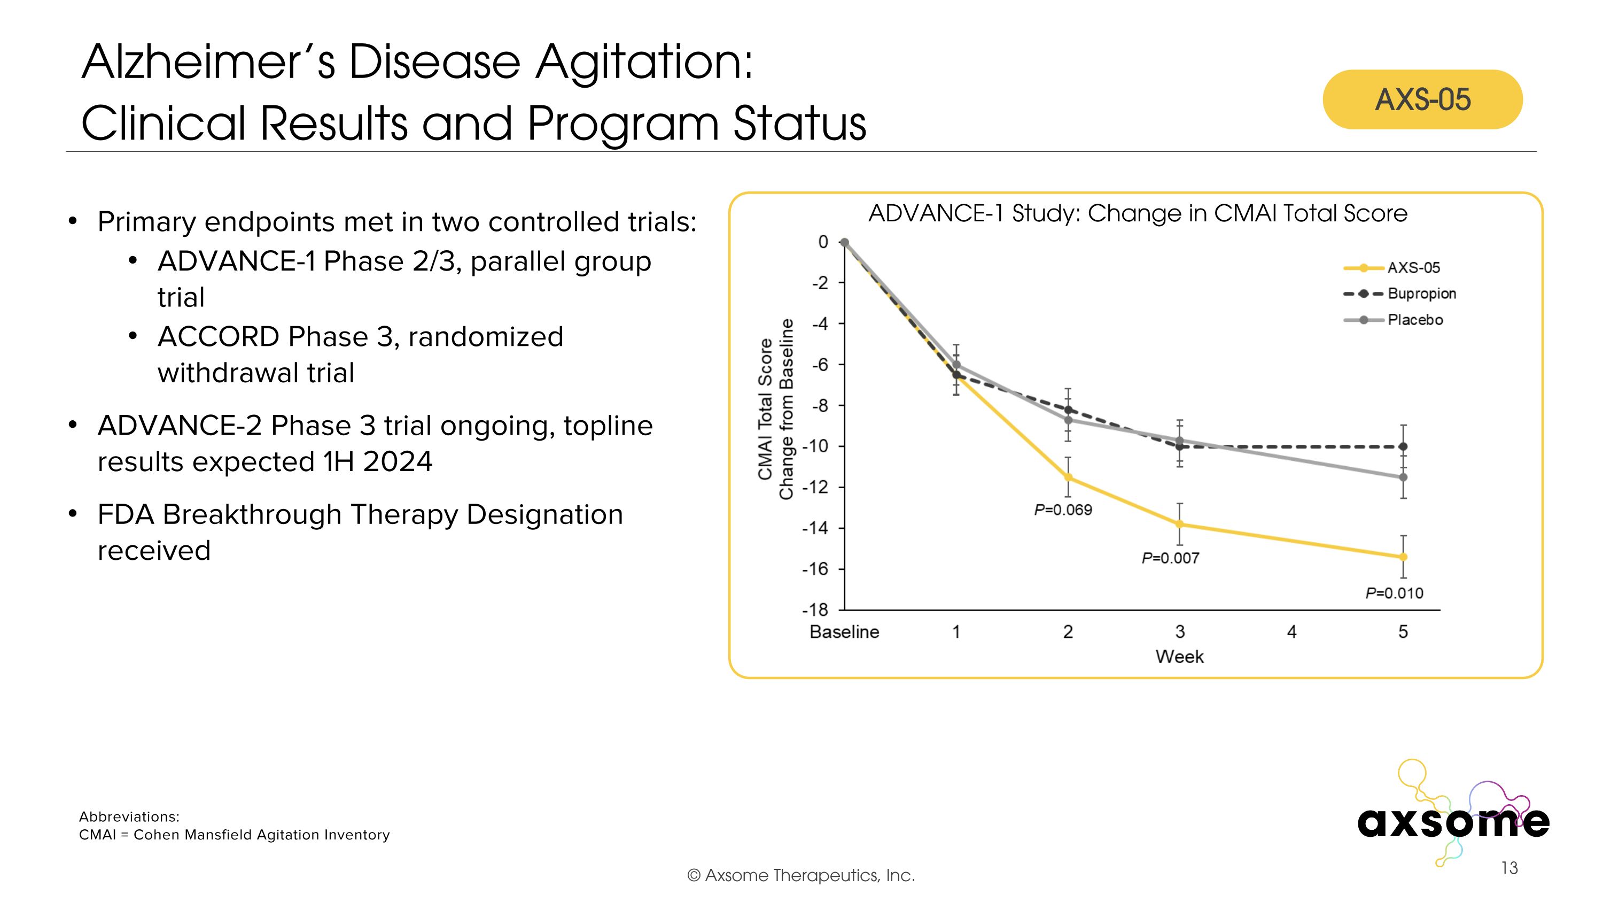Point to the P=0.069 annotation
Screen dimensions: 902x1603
1062,510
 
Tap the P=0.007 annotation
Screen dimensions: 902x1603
1170,558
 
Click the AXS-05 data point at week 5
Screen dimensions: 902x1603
1403,557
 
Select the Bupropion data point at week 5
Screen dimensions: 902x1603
1403,446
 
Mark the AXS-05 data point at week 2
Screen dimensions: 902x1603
1068,477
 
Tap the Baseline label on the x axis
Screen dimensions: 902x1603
844,632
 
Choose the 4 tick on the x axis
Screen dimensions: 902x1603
1291,632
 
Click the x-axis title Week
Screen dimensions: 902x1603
1179,657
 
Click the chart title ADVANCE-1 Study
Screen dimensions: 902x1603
1137,213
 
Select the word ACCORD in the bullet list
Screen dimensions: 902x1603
219,337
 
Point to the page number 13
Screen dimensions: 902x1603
1509,868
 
